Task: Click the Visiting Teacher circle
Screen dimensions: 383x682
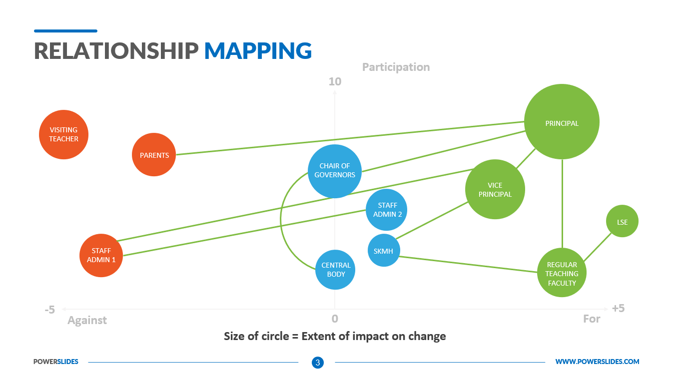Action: tap(63, 134)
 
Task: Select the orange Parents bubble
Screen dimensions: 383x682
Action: tap(154, 155)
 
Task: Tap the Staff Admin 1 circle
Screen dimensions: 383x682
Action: tap(101, 255)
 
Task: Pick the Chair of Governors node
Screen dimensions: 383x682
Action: tap(335, 171)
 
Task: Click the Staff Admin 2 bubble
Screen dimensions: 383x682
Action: tap(386, 210)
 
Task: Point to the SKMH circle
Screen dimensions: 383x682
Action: tap(384, 250)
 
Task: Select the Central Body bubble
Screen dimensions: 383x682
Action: tap(335, 270)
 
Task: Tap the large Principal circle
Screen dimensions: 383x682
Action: tap(562, 122)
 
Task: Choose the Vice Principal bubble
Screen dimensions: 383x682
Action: tap(495, 189)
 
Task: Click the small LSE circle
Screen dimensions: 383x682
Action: tap(622, 221)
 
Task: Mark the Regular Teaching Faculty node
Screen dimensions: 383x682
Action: tap(562, 273)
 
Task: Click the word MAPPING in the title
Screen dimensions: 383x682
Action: tap(258, 51)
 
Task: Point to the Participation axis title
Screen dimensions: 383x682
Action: tap(396, 67)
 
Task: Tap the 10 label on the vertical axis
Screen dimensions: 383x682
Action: tap(335, 81)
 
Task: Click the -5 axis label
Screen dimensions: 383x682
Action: tap(49, 310)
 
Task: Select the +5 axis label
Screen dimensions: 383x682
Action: tap(618, 308)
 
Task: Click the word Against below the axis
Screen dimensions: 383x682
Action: tap(87, 320)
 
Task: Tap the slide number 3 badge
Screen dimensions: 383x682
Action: tap(318, 362)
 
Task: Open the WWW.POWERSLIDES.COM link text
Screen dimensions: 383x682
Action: tap(597, 362)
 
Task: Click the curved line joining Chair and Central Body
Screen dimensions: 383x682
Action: tap(281, 220)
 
